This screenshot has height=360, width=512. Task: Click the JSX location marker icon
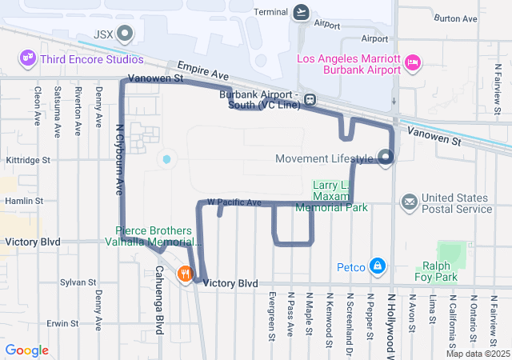pos(126,34)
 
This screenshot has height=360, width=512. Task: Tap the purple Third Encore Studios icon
pos(28,58)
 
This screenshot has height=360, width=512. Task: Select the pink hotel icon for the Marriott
pos(413,63)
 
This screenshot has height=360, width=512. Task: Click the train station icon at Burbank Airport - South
pos(309,101)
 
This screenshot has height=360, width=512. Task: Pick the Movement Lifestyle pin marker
pos(386,158)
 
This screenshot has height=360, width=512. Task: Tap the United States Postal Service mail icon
pos(410,202)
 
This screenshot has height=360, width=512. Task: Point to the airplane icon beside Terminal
pos(301,12)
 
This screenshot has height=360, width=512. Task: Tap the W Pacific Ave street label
pos(234,203)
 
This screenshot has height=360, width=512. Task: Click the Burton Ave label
pos(455,18)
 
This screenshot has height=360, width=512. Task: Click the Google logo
pos(26,350)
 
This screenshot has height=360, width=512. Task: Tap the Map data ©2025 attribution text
pos(477,354)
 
